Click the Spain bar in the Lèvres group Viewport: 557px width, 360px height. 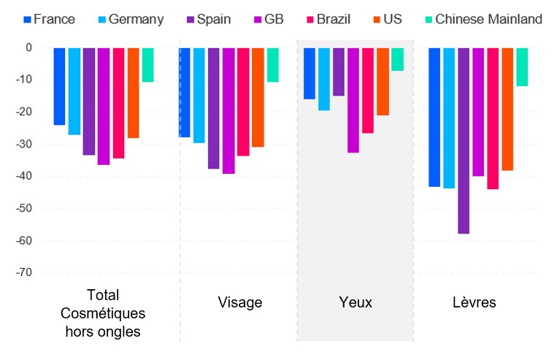[x=464, y=140]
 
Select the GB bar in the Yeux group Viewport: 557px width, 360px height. [x=353, y=100]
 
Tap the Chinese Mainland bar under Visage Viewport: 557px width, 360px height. [x=272, y=64]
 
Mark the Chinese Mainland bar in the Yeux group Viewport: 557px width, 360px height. [x=397, y=59]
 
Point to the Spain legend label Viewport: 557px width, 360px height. [x=214, y=19]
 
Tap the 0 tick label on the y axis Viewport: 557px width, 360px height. [x=30, y=47]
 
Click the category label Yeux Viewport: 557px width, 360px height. [x=356, y=302]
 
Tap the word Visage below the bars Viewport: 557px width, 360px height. [x=239, y=302]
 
